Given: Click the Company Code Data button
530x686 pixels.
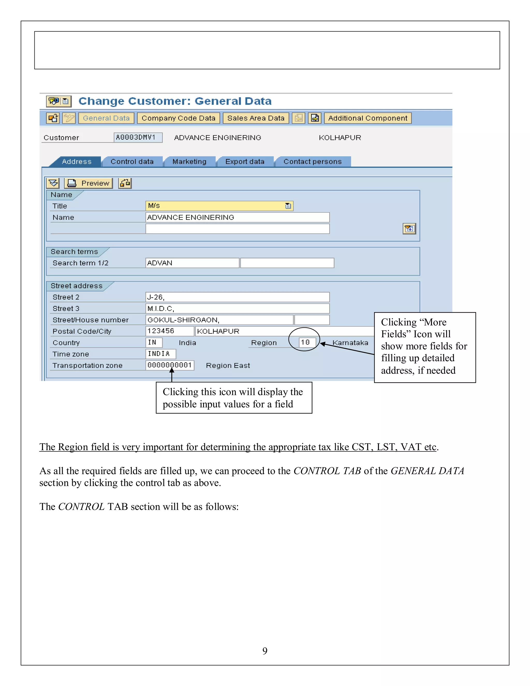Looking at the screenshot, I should tap(178, 118).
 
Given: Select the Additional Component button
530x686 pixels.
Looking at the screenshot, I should tap(367, 118).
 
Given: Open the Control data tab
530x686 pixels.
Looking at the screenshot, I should tap(132, 162).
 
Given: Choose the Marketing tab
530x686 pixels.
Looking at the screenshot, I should tap(189, 162).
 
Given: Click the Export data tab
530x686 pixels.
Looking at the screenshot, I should tap(245, 162).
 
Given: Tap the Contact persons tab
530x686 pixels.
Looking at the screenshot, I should tap(312, 162).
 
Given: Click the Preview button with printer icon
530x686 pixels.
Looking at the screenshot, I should tap(89, 183).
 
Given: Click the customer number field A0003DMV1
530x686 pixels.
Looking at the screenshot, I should tap(137, 137).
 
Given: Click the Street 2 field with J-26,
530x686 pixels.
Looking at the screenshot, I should tap(237, 297).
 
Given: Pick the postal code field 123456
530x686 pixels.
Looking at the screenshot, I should tap(169, 331).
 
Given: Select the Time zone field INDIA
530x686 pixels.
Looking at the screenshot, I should tap(160, 354).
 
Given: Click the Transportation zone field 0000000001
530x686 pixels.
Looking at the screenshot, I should tap(170, 365).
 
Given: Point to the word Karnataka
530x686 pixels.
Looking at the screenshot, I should tap(350, 343).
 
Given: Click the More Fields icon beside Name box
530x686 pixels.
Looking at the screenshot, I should tap(409, 229).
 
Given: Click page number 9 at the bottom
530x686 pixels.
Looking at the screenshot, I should tap(265, 651).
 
